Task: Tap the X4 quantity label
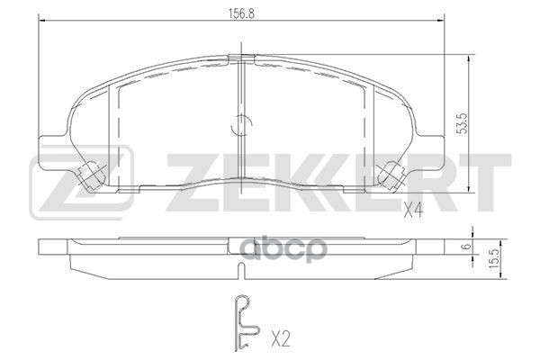click(412, 212)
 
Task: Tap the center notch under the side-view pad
click(238, 269)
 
